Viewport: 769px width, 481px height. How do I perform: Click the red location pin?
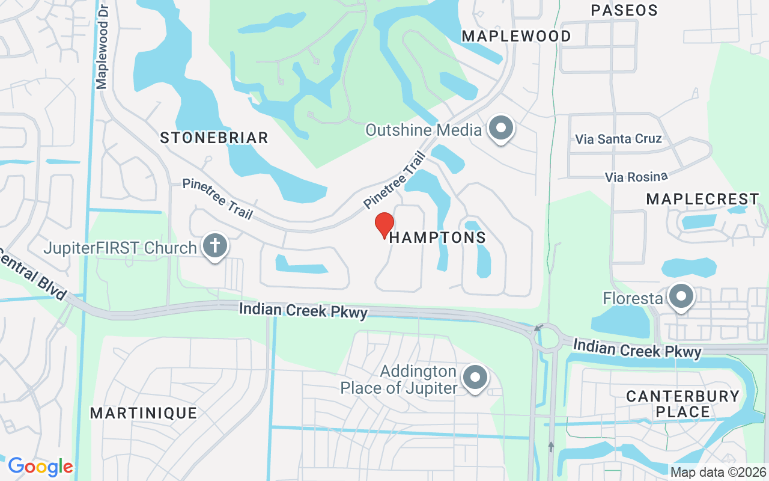point(384,225)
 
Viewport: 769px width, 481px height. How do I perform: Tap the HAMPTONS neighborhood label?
point(437,237)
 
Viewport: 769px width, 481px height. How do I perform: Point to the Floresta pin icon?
point(681,297)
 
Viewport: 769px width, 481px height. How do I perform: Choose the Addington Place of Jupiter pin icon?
point(476,378)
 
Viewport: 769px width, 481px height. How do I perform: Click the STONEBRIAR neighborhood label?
point(214,138)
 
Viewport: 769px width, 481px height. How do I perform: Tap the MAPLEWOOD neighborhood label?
point(516,36)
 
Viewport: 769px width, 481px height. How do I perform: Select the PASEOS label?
point(624,10)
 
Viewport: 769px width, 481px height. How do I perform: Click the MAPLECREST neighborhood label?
point(702,199)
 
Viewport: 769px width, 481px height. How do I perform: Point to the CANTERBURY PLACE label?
point(682,404)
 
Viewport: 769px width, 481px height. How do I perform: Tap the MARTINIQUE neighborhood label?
point(143,413)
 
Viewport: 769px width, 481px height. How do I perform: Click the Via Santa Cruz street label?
point(618,139)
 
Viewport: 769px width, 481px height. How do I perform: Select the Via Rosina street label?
point(636,177)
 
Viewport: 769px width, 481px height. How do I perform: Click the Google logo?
point(40,467)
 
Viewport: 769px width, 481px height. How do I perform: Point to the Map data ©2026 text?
point(718,473)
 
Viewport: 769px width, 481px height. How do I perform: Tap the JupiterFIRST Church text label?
point(120,248)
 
